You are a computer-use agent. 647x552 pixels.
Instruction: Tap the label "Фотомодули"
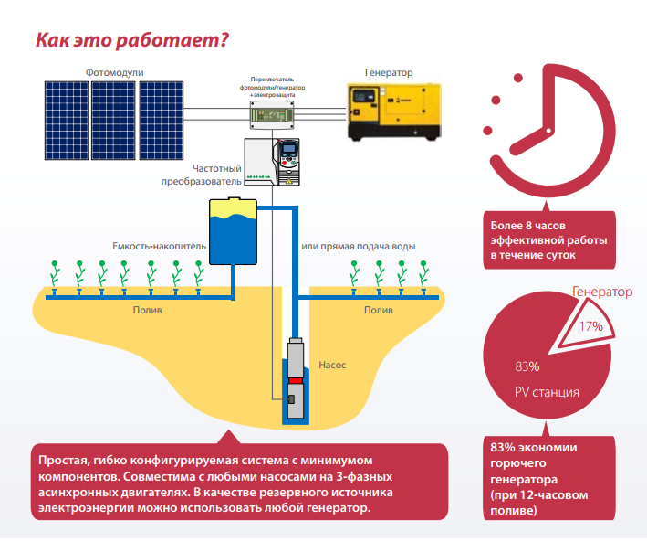[115, 72]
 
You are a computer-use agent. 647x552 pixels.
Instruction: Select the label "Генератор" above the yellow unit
[389, 72]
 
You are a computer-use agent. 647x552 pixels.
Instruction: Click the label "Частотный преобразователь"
[213, 175]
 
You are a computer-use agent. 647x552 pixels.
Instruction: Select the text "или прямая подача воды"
[359, 247]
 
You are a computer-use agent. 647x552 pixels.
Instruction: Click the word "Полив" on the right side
[379, 311]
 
